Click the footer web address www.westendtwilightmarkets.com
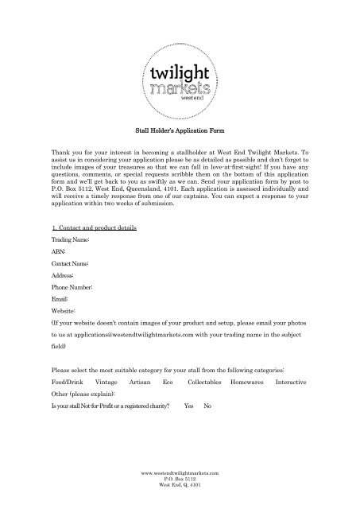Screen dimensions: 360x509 pos(180,472)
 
